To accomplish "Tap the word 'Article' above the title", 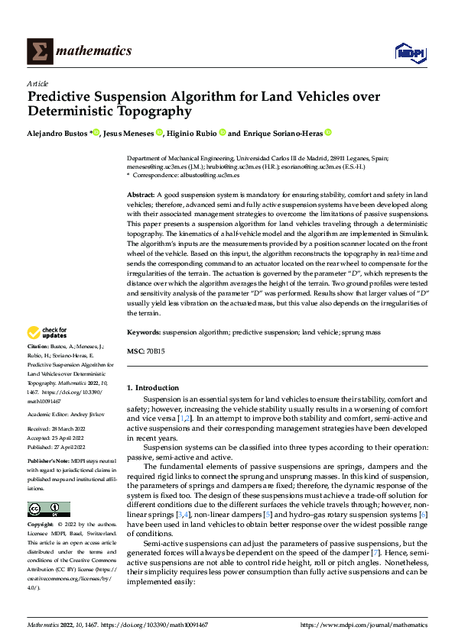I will (37, 83).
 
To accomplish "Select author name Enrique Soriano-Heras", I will (282, 132).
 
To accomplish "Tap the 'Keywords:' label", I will (143, 333).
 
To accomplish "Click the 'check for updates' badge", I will (47, 333).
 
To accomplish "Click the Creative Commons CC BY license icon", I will (48, 509).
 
